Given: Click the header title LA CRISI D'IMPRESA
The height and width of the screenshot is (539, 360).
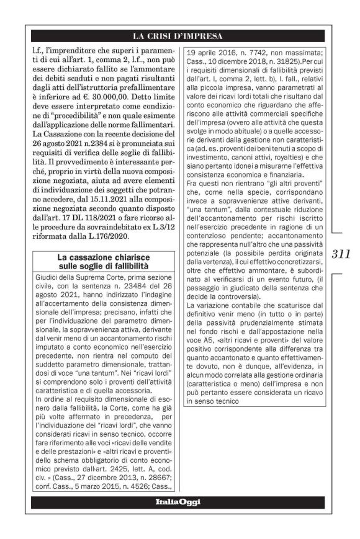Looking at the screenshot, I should pos(178,35).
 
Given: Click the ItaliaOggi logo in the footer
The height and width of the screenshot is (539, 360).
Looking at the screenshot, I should pos(178,502).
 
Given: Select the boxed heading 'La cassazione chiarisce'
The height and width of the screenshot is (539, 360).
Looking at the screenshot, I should pos(99,257).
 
